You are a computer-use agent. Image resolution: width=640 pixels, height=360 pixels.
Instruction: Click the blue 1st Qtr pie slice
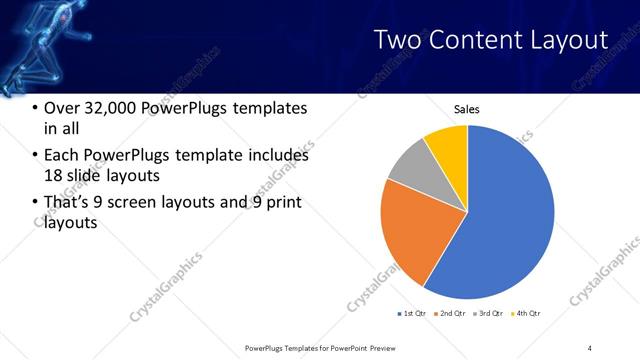pyautogui.click(x=505, y=220)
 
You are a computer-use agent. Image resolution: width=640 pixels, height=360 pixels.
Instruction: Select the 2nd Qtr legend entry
pyautogui.click(x=452, y=314)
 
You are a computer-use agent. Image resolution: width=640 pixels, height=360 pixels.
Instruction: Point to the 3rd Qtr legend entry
pyautogui.click(x=491, y=314)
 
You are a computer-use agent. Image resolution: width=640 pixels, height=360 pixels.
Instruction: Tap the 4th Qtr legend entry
pyautogui.click(x=527, y=314)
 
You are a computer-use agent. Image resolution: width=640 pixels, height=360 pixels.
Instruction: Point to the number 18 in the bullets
pyautogui.click(x=53, y=176)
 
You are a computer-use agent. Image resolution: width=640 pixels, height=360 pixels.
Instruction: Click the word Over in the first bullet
pyautogui.click(x=63, y=108)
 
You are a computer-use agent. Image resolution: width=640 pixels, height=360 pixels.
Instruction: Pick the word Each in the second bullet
pyautogui.click(x=63, y=156)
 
